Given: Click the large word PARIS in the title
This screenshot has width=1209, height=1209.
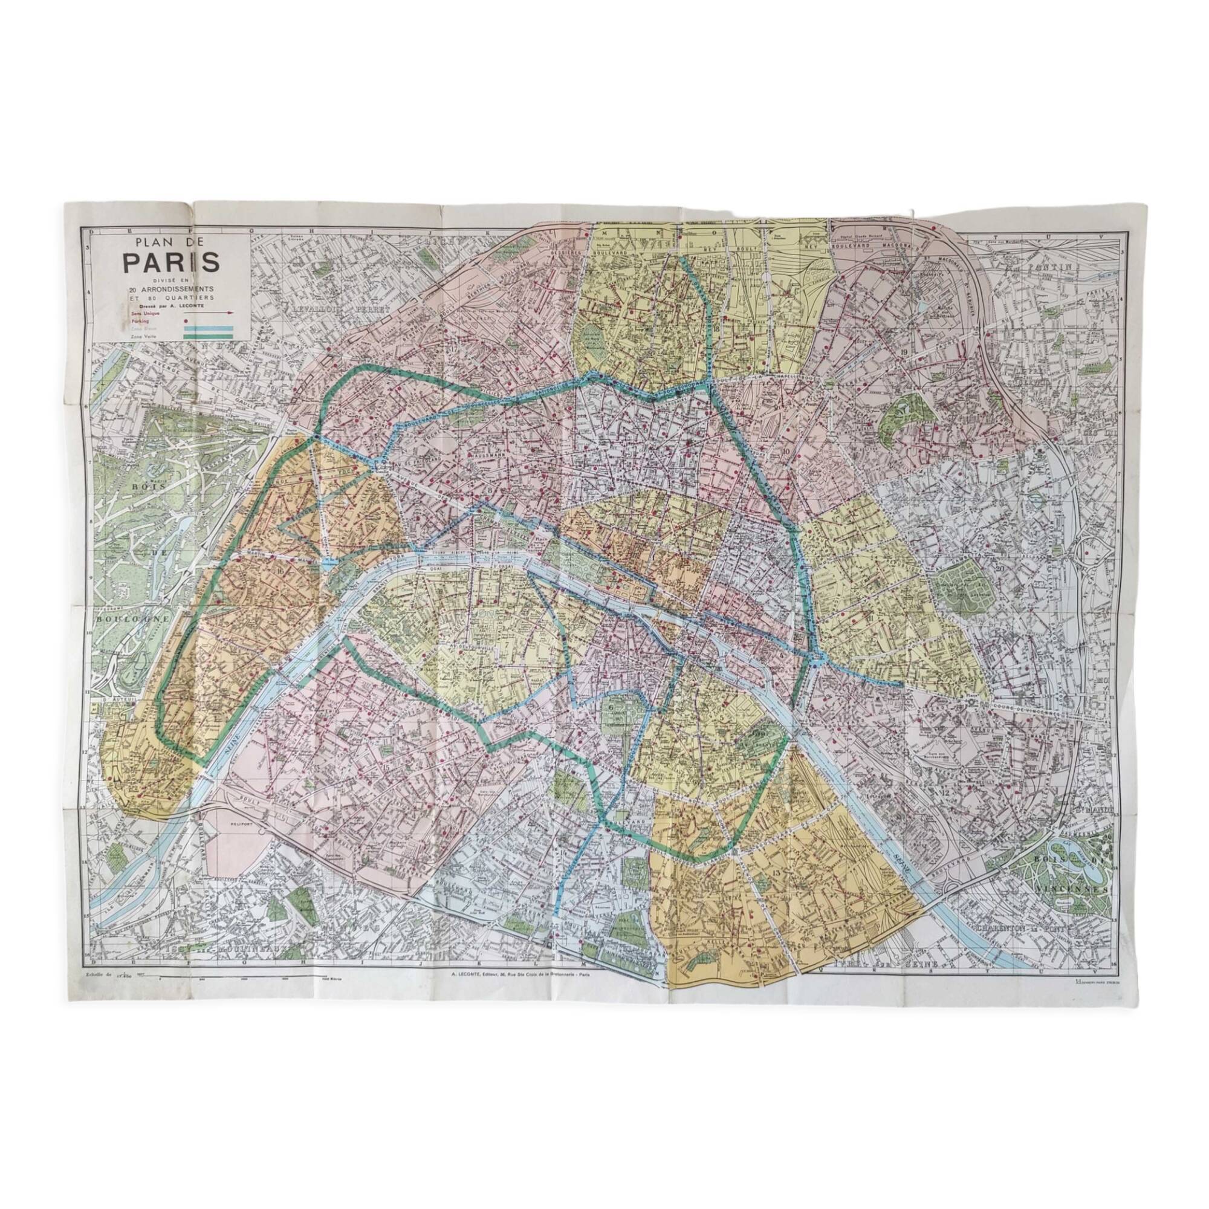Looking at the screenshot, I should (x=171, y=263).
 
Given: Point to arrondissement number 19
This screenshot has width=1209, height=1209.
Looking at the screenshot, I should (x=906, y=352).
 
